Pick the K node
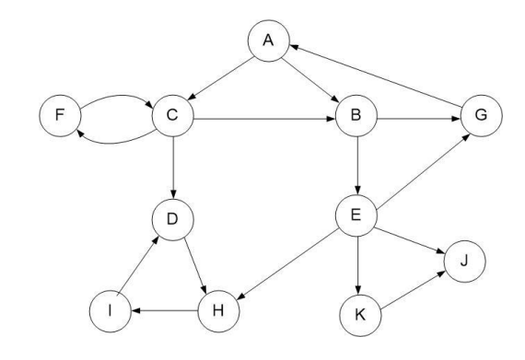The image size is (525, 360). click(x=360, y=315)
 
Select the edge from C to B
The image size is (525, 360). click(x=262, y=118)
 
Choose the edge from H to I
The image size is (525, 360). click(x=167, y=311)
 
